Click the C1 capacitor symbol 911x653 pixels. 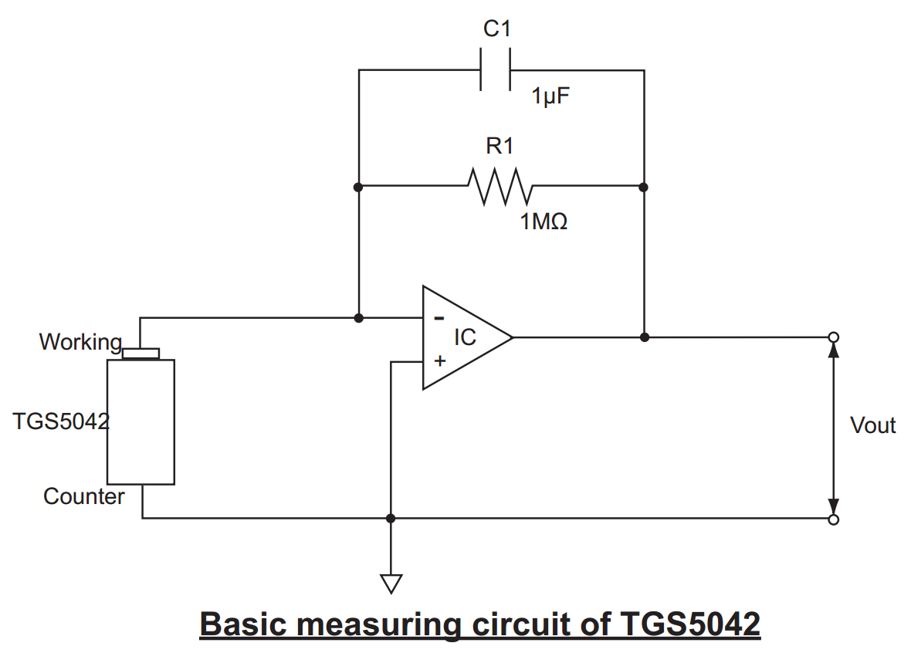click(496, 70)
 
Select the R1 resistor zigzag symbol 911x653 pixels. click(500, 186)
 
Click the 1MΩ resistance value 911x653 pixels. click(544, 222)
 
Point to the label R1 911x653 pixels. click(500, 145)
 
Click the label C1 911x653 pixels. click(497, 29)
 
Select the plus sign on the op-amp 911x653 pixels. click(440, 360)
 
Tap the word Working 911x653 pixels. click(80, 342)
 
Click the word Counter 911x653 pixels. click(83, 496)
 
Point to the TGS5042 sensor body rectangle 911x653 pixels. click(141, 421)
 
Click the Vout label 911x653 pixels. click(872, 425)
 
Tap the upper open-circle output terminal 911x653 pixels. click(833, 337)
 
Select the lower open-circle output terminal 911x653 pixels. click(833, 519)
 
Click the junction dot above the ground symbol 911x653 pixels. click(391, 518)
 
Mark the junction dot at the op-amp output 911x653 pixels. click(645, 337)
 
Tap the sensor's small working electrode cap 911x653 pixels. click(141, 354)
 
